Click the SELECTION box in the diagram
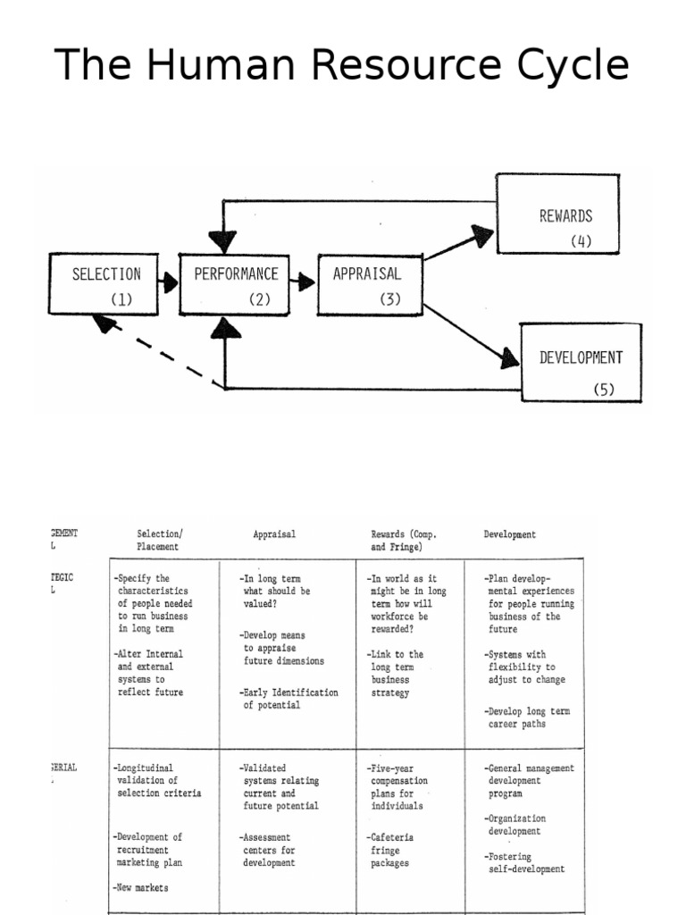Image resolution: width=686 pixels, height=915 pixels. [106, 284]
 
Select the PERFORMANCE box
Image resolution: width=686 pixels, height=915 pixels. [236, 284]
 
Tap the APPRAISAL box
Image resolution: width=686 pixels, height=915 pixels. [370, 284]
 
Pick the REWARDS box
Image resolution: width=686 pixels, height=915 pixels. [557, 214]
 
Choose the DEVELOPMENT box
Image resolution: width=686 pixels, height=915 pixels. [581, 362]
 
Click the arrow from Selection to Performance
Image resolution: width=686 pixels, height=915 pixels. [169, 283]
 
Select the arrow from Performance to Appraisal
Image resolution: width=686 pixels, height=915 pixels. [305, 282]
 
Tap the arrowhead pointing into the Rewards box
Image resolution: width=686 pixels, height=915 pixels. [483, 236]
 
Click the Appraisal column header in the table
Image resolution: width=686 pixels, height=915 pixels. [274, 535]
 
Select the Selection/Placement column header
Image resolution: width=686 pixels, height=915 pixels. [159, 541]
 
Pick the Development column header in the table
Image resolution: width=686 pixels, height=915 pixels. [509, 535]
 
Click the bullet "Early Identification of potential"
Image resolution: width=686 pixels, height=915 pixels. [288, 699]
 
